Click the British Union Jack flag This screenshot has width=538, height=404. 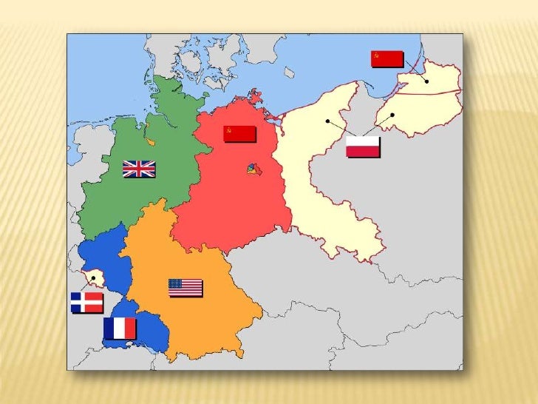pos(139,169)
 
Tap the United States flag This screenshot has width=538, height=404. pos(185,287)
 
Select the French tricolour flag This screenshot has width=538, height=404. pos(120,328)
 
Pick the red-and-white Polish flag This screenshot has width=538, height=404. pos(363,147)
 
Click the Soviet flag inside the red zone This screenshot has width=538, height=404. pos(239,133)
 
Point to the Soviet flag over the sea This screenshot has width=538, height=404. pos(387,58)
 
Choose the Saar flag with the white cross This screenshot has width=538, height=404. pos(86,303)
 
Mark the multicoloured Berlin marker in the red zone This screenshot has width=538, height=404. pos(253,171)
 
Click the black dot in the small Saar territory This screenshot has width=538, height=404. pos(93,278)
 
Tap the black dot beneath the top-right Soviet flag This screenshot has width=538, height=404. pos(427,81)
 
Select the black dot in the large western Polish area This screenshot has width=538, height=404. pos(326,121)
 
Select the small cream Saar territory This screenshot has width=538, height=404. pos(95,278)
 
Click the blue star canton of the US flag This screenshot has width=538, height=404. pos(176,283)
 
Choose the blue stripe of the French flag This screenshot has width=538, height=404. pos(110,328)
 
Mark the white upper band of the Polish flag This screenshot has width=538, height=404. pos(363,141)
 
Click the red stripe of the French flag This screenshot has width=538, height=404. pos(131,328)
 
